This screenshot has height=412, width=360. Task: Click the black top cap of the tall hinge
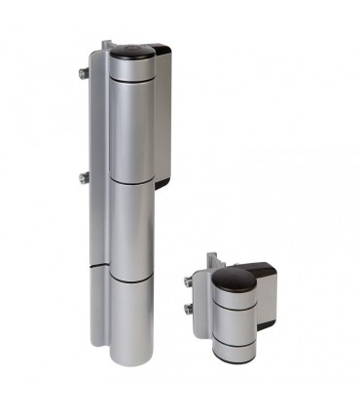(129, 51)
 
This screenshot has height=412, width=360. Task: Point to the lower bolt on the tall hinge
(84, 177)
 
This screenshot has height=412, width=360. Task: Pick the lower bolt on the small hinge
(187, 309)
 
